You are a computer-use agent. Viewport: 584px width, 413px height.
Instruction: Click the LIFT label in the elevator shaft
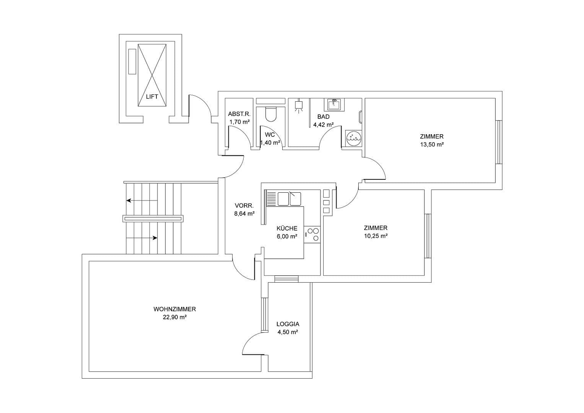(x=152, y=97)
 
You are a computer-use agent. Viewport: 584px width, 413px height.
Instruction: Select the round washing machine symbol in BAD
(x=353, y=138)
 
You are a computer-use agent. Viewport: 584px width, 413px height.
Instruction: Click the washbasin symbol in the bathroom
(x=334, y=104)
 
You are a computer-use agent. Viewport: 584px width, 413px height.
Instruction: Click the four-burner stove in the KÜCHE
(x=312, y=234)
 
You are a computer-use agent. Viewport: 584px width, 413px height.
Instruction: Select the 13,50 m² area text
(x=431, y=145)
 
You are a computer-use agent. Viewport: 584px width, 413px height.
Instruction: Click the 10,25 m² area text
(x=376, y=236)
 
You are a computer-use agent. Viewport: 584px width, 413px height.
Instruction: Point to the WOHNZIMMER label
(x=174, y=309)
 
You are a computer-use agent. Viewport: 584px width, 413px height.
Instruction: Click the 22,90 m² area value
(x=174, y=317)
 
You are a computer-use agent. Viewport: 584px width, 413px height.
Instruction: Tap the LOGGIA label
(x=288, y=324)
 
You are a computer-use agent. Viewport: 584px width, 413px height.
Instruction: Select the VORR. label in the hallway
(x=244, y=206)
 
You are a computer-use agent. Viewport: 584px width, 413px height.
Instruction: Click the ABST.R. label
(x=239, y=114)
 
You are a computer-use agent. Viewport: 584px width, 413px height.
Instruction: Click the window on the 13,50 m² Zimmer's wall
(x=498, y=142)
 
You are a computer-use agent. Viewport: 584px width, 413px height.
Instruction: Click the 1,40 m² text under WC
(x=270, y=143)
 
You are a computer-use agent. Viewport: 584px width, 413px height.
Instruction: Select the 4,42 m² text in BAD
(x=323, y=125)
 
